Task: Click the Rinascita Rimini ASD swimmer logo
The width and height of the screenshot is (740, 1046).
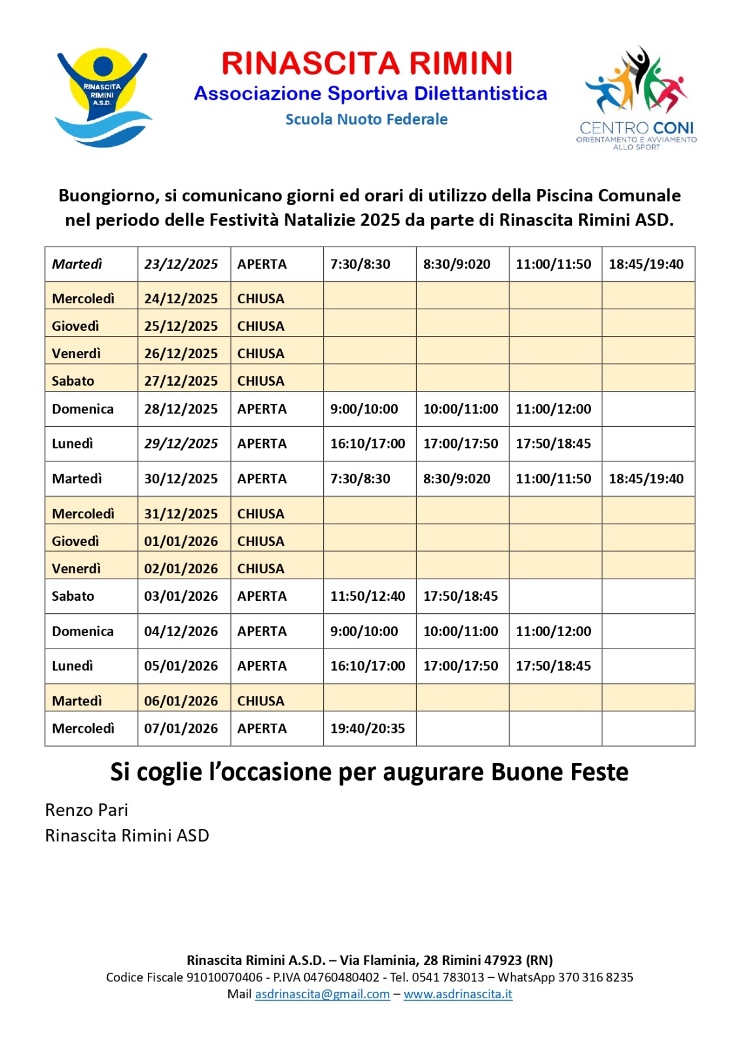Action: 103,97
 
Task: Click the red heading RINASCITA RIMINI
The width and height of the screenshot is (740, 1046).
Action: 366,63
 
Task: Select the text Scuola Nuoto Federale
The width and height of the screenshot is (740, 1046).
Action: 366,120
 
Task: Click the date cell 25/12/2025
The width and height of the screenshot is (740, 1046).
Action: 181,326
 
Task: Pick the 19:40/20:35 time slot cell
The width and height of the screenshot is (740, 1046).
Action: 368,728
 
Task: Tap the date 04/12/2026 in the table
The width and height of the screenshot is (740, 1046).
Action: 181,631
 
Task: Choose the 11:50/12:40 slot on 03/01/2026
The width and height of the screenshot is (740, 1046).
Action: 368,596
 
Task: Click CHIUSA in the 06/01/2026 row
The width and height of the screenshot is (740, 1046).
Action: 260,701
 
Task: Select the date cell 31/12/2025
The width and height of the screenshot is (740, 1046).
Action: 181,514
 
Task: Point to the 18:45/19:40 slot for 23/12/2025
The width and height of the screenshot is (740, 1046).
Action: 646,264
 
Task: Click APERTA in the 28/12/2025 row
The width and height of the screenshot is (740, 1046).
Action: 262,409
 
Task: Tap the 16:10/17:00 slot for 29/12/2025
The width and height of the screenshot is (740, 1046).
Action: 368,443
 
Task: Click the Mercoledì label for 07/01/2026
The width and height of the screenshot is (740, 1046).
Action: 83,728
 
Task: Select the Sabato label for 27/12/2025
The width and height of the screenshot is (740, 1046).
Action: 73,380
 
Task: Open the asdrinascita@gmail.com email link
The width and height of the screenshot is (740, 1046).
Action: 323,994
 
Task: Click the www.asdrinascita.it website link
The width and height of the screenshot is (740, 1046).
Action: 458,994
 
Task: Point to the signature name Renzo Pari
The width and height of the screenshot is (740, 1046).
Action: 86,810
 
